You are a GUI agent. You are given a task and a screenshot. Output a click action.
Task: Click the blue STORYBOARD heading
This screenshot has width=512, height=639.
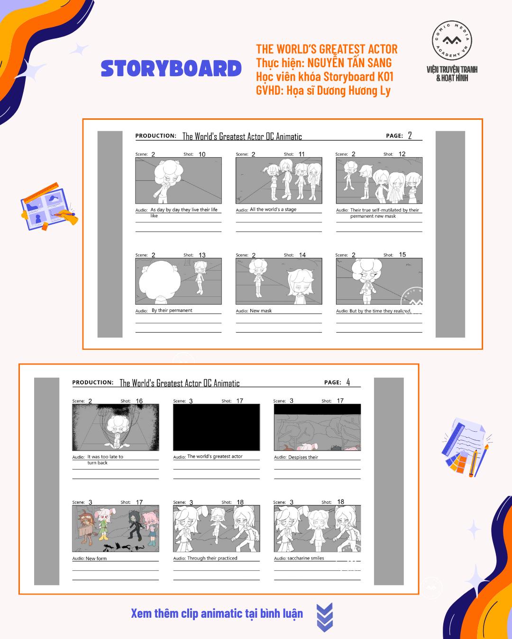click(x=171, y=69)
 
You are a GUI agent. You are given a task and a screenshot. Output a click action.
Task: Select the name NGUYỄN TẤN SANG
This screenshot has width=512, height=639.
click(x=349, y=62)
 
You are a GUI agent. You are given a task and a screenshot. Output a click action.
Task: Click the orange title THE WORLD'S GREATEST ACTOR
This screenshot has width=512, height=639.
click(x=327, y=49)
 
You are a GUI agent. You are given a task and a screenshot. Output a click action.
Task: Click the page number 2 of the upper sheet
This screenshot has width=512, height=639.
click(x=410, y=136)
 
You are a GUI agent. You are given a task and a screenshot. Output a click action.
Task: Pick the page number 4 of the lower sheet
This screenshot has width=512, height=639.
click(x=348, y=382)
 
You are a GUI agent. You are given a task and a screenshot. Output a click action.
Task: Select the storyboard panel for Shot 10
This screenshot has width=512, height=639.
click(x=178, y=181)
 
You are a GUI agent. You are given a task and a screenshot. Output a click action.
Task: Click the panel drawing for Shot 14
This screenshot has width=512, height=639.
click(x=279, y=281)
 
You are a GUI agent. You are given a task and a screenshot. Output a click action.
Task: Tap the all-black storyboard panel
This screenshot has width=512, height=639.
click(x=216, y=427)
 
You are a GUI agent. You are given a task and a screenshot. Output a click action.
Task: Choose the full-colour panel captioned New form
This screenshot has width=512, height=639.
click(x=115, y=528)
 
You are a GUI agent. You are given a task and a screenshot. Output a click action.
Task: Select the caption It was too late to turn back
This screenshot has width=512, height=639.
click(x=104, y=460)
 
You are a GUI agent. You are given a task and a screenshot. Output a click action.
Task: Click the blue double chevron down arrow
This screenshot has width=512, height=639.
click(x=324, y=617)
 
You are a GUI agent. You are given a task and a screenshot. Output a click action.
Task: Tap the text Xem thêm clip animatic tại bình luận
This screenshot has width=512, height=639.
click(x=217, y=613)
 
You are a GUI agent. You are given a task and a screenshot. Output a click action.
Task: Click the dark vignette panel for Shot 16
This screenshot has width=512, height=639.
click(x=115, y=427)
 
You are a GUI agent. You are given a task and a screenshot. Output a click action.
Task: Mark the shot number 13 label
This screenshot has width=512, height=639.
click(x=202, y=255)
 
